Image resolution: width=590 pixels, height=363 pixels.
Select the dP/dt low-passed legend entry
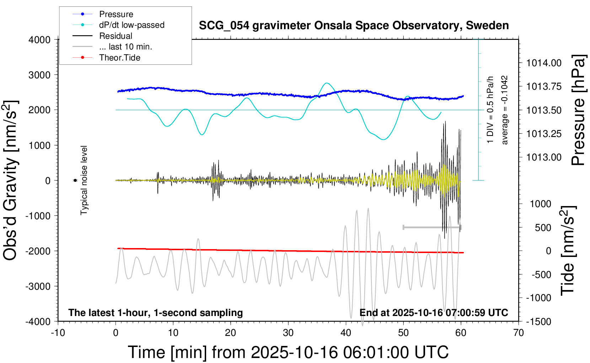tap(132, 25)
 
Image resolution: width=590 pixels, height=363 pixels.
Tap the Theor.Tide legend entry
tap(119, 58)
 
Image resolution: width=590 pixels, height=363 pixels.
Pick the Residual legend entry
tap(116, 36)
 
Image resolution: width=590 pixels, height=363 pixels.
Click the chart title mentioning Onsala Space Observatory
tap(354, 26)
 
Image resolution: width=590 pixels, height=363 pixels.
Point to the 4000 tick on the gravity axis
tap(39, 40)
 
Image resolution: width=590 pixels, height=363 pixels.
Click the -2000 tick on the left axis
tap(38, 251)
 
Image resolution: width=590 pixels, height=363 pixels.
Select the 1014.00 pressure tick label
tap(544, 63)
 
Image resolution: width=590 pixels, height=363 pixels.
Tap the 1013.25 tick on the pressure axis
tap(544, 134)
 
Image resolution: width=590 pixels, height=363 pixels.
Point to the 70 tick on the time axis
tap(519, 333)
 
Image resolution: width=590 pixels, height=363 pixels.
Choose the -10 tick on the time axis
tap(58, 333)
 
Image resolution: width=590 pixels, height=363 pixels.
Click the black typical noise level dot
tap(75, 180)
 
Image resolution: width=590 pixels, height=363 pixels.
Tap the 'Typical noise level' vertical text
tap(84, 180)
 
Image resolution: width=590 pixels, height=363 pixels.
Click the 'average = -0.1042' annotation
tap(505, 110)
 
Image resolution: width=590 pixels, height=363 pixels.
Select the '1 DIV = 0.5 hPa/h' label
tap(490, 110)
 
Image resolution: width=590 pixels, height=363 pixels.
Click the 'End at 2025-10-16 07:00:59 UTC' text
tap(434, 313)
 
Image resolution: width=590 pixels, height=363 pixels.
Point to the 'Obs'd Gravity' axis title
tap(11, 180)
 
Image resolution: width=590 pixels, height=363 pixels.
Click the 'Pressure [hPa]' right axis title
tap(578, 110)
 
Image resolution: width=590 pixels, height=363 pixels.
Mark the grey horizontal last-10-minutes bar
tap(432, 227)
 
